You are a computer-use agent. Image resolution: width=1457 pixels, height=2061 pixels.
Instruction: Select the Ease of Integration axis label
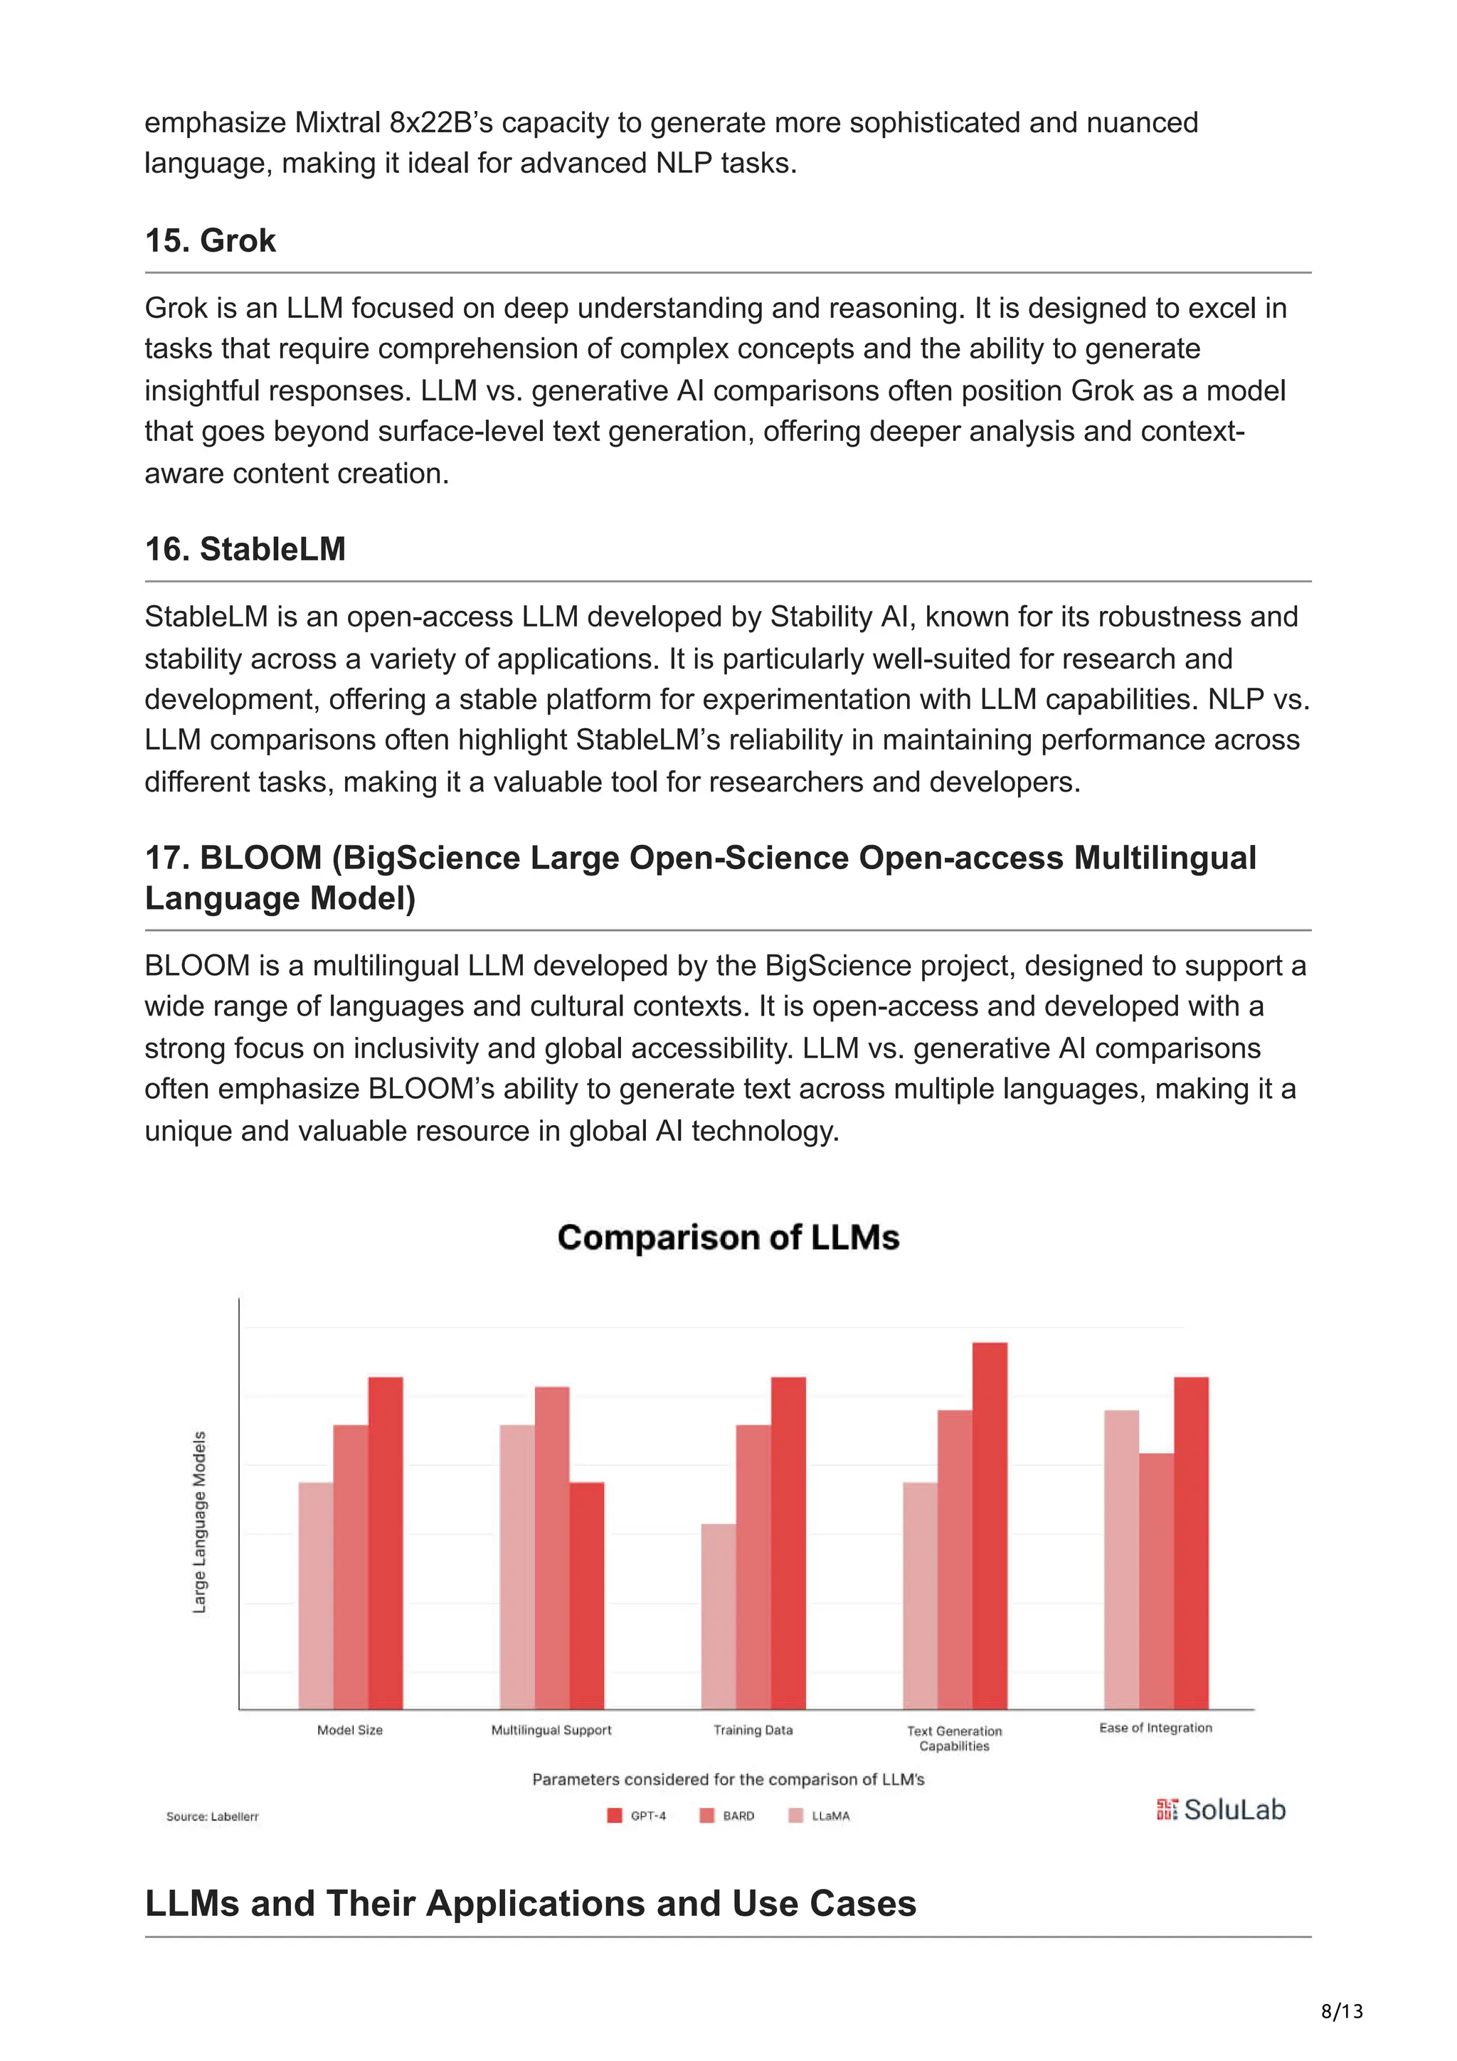[x=1155, y=1728]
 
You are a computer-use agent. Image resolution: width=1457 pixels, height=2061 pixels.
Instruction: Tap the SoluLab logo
[x=1221, y=1810]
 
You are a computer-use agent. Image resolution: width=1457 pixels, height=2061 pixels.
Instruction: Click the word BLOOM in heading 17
[x=260, y=857]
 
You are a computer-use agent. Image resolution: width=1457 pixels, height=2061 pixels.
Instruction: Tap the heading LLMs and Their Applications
[x=529, y=1903]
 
